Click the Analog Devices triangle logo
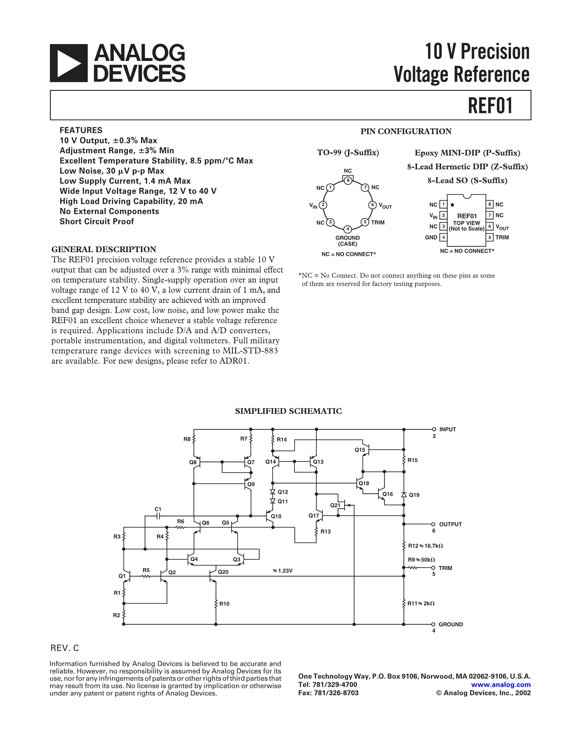(68, 63)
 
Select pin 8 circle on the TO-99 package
(348, 180)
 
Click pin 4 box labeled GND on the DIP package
(443, 237)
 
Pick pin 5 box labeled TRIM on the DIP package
(489, 237)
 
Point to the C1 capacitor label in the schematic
(158, 509)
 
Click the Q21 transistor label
(335, 505)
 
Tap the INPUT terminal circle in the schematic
(434, 429)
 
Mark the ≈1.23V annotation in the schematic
(283, 570)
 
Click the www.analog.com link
(501, 685)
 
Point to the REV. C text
(65, 648)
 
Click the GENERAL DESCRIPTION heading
(104, 249)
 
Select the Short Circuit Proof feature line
(97, 221)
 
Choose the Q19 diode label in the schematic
(414, 495)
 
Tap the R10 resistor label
(224, 604)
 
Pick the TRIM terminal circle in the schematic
(434, 568)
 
